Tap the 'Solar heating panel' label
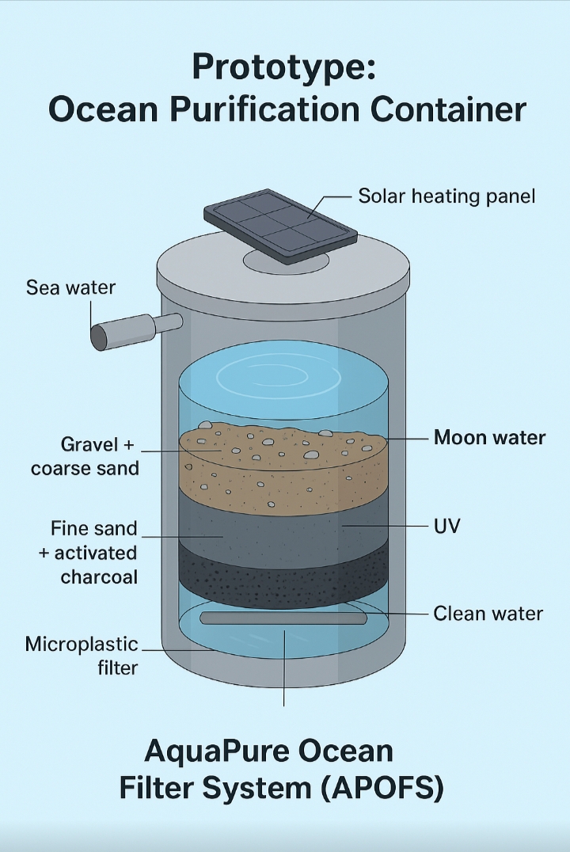[x=446, y=196]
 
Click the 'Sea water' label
[x=70, y=287]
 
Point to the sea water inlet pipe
[x=127, y=330]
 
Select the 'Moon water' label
[x=489, y=437]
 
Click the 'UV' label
[x=448, y=526]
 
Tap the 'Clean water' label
[x=488, y=614]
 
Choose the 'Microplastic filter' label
[x=82, y=656]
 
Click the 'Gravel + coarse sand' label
[x=85, y=455]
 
